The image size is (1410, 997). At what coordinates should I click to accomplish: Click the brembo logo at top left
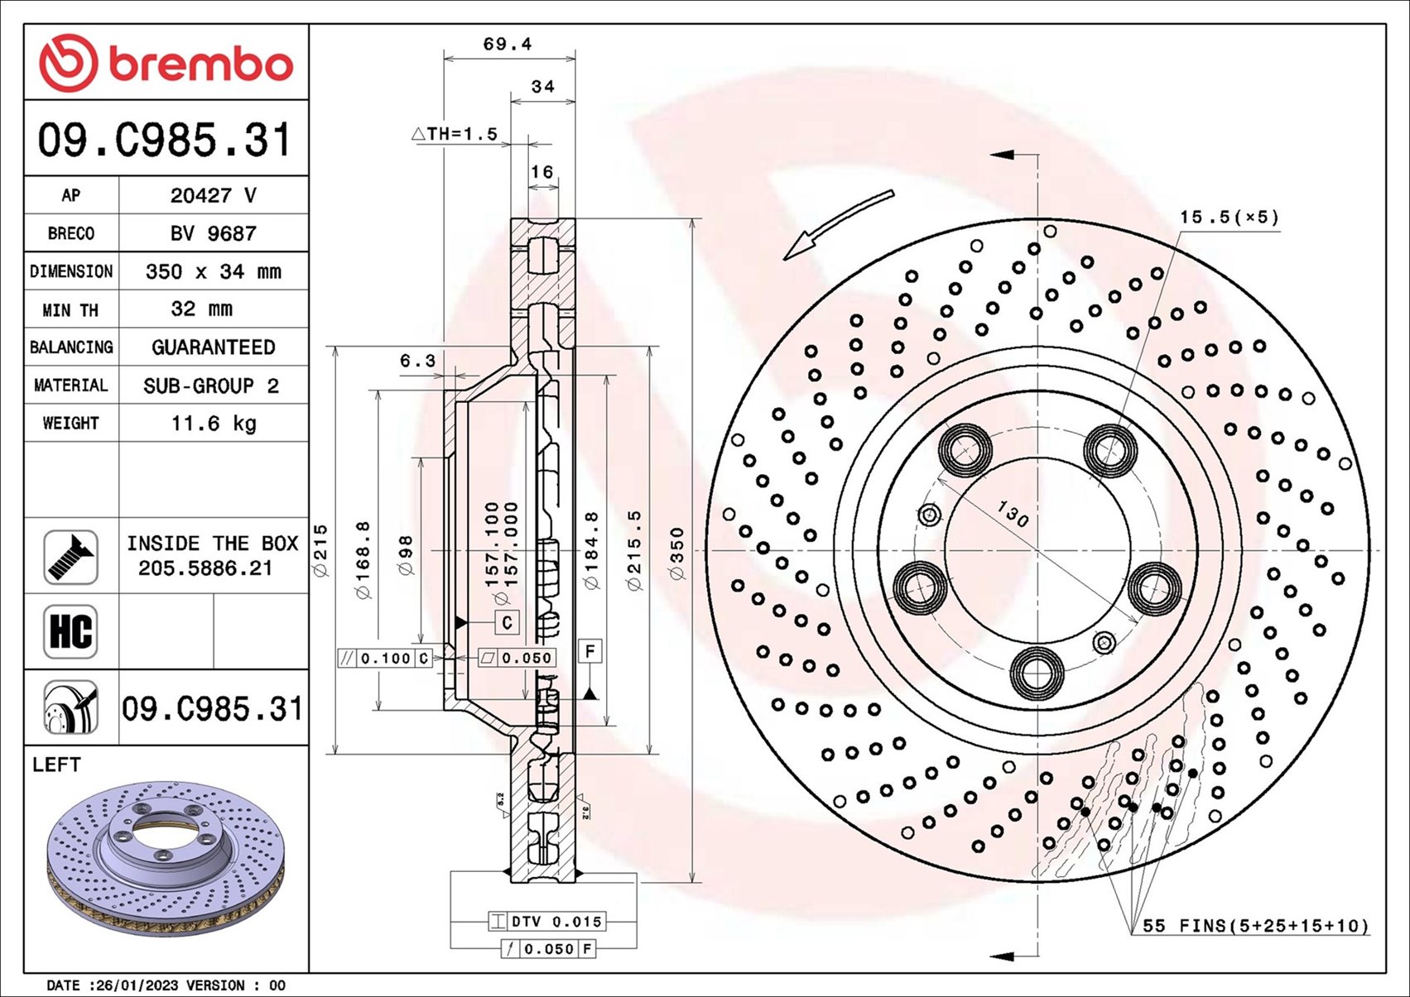(x=166, y=63)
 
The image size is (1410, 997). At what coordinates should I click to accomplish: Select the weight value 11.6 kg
(x=214, y=424)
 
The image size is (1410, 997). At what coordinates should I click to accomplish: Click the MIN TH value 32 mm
(x=201, y=309)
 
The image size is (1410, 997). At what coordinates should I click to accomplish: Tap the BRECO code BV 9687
(x=213, y=233)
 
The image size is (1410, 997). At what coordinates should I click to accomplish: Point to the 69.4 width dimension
(x=507, y=44)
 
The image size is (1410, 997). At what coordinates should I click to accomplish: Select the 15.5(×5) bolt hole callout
(x=1229, y=218)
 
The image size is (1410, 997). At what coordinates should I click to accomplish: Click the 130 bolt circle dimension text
(x=1012, y=514)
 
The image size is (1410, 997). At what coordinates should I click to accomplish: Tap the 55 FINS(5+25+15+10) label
(x=1255, y=926)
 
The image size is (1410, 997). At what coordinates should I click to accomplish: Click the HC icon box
(x=70, y=631)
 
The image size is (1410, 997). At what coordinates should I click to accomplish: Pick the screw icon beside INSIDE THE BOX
(x=70, y=557)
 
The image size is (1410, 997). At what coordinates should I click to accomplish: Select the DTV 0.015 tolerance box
(x=547, y=922)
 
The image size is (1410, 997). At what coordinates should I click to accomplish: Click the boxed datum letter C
(x=507, y=622)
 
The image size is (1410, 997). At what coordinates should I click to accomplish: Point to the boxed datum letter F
(x=590, y=652)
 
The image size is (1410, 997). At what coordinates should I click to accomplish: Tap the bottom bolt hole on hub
(x=1037, y=673)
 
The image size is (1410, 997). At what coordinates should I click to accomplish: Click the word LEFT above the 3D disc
(x=56, y=765)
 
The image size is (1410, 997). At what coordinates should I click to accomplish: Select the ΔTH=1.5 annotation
(x=455, y=134)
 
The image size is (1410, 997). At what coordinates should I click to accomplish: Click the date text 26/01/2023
(x=137, y=985)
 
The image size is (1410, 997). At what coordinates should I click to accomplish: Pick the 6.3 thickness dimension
(x=417, y=361)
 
